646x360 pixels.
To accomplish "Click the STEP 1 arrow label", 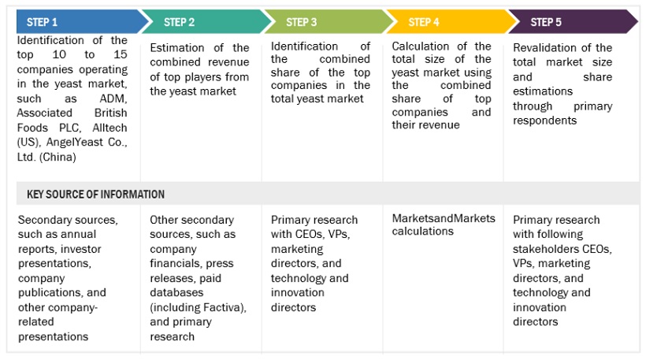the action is (42, 22).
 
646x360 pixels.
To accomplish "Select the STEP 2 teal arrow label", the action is (179, 22).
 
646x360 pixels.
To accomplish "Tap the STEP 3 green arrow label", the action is (302, 22).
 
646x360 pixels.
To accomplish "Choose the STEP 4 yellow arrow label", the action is (424, 22).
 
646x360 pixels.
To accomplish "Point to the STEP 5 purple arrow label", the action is (546, 22).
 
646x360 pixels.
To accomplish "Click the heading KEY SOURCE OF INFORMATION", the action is (95, 194).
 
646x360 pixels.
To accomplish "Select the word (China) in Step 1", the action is (58, 157).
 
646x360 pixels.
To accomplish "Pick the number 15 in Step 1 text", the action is (121, 55).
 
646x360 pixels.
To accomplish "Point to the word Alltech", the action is (110, 128).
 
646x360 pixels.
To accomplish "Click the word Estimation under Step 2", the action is (177, 48).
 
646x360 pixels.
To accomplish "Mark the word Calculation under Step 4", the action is (420, 46).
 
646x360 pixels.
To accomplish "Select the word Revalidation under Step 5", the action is (545, 48).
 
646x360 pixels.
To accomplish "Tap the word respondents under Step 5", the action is (544, 121).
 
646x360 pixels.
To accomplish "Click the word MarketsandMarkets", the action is (444, 218).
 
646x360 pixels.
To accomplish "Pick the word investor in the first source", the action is (83, 249).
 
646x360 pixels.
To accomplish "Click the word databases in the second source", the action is (176, 292).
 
